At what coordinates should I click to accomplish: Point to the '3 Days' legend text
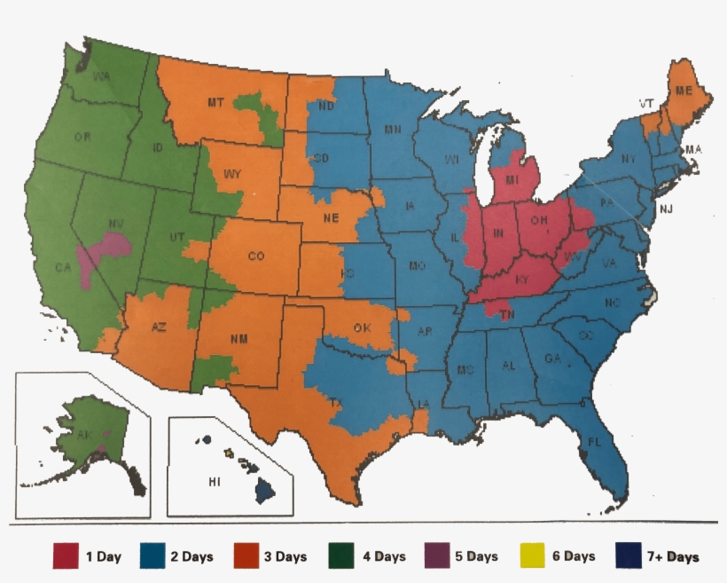click(x=285, y=556)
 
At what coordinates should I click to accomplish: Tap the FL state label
click(x=594, y=441)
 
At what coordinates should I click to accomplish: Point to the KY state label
click(x=522, y=279)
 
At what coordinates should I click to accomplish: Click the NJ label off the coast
click(x=666, y=209)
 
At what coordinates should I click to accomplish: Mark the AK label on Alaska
click(x=83, y=437)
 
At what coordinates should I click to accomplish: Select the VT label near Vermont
click(x=646, y=104)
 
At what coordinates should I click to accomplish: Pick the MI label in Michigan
click(x=512, y=180)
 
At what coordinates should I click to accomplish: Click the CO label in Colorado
click(x=256, y=256)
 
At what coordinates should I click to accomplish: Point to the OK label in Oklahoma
click(x=362, y=328)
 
